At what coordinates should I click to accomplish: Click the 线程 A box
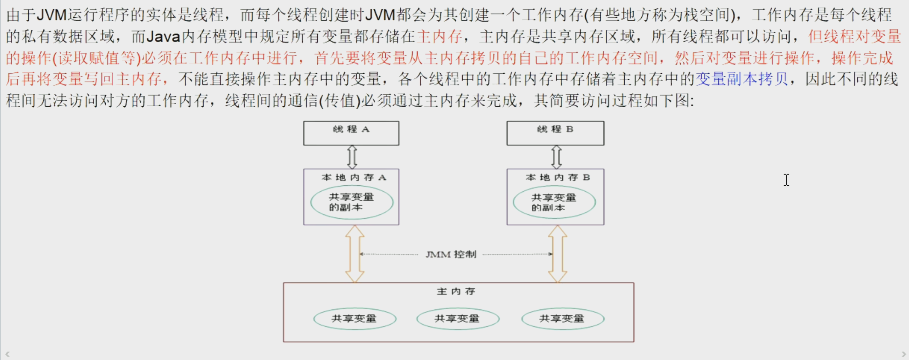point(351,133)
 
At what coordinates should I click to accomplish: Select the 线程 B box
point(555,133)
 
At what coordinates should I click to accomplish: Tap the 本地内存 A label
point(353,177)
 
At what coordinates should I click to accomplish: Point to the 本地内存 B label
point(558,177)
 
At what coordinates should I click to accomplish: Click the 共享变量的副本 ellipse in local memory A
point(352,202)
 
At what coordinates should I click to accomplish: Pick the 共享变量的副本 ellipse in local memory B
point(554,202)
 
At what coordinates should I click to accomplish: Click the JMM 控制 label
point(451,254)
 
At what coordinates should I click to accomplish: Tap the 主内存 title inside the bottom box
point(456,291)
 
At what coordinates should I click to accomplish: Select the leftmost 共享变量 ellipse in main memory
point(355,319)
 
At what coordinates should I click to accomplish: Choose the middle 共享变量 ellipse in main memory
point(458,319)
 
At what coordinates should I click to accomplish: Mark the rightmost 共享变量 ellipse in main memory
point(563,319)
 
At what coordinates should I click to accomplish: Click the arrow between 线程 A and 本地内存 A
point(352,157)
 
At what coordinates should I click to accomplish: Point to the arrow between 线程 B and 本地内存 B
point(556,157)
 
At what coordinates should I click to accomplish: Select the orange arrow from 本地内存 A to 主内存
point(355,254)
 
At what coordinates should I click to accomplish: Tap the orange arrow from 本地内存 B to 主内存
point(558,254)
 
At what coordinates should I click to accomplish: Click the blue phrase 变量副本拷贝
point(741,79)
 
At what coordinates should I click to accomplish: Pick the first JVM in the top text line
point(52,15)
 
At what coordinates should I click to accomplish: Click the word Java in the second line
point(163,36)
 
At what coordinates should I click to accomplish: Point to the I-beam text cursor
point(786,180)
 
